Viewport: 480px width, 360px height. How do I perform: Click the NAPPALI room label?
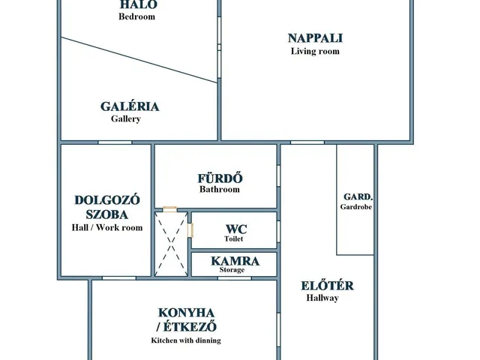click(315, 38)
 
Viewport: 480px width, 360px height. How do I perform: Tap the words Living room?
click(315, 51)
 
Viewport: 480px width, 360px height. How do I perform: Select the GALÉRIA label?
click(130, 106)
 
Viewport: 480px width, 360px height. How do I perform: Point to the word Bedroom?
click(136, 16)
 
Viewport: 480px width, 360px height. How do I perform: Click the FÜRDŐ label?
click(220, 178)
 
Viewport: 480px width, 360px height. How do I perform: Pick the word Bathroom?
click(220, 189)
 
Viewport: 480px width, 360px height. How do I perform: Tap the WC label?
click(236, 229)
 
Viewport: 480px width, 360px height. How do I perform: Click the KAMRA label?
click(235, 261)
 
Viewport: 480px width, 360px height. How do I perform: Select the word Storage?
click(232, 270)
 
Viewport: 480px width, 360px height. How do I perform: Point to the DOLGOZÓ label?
click(107, 200)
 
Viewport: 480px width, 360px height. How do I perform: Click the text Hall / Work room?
click(107, 227)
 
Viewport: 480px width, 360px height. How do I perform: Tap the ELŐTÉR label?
click(327, 286)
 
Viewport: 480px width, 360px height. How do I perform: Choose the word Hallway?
click(322, 298)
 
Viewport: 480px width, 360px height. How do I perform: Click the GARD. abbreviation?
click(358, 196)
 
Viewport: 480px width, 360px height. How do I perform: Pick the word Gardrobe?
click(356, 207)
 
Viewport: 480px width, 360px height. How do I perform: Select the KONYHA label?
click(186, 313)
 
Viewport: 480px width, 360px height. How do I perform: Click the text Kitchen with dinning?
click(186, 340)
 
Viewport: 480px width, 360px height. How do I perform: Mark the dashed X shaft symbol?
click(172, 244)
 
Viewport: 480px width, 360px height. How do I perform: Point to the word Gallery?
click(126, 118)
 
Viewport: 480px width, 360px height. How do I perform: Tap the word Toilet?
click(233, 238)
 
